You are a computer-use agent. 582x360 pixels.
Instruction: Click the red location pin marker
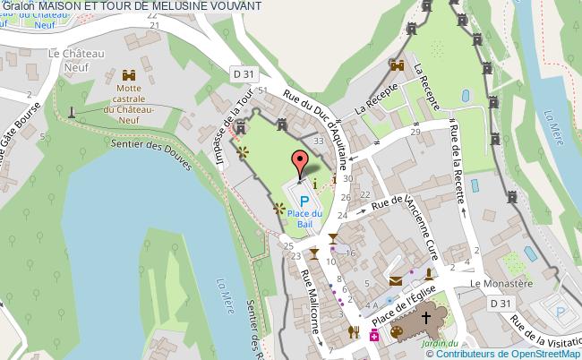point(298,162)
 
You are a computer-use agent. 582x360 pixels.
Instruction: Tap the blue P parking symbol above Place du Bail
point(304,201)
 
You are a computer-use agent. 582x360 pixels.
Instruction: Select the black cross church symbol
point(426,317)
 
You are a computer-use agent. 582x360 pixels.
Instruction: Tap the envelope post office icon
point(395,280)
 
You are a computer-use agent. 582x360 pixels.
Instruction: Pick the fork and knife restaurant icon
point(354,332)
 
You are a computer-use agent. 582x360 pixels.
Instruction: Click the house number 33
point(318,140)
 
